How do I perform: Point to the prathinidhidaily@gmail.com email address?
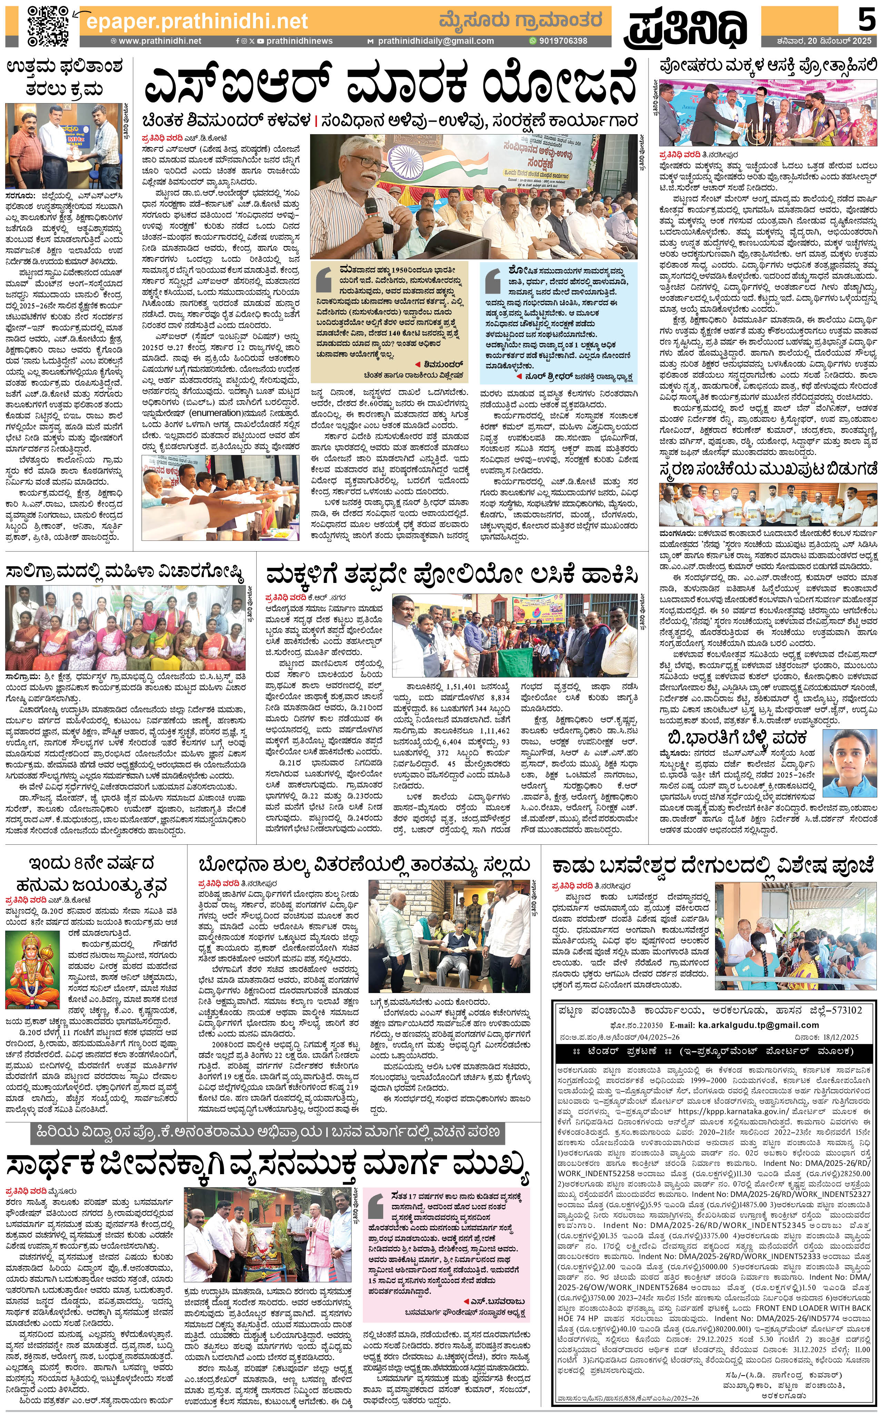point(435,41)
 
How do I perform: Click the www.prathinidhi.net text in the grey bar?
point(159,41)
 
